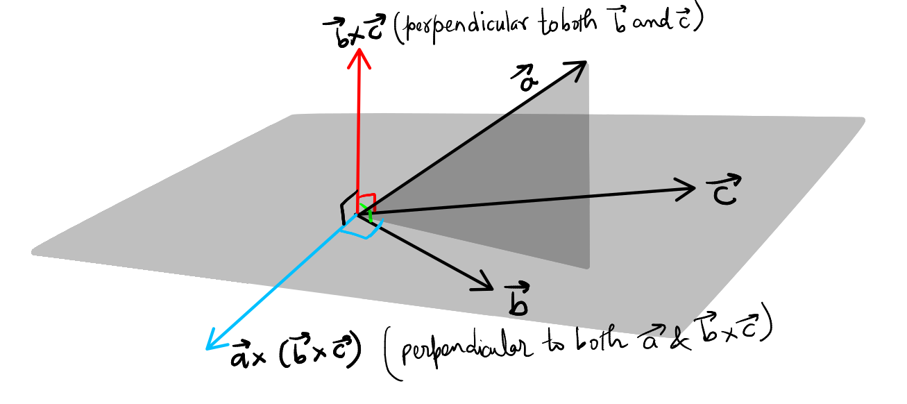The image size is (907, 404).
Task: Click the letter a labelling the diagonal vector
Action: coord(529,81)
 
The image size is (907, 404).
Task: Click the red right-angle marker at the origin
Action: coord(366,202)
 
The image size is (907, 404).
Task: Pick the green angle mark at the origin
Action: coord(371,217)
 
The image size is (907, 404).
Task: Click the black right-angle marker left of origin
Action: coord(344,212)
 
